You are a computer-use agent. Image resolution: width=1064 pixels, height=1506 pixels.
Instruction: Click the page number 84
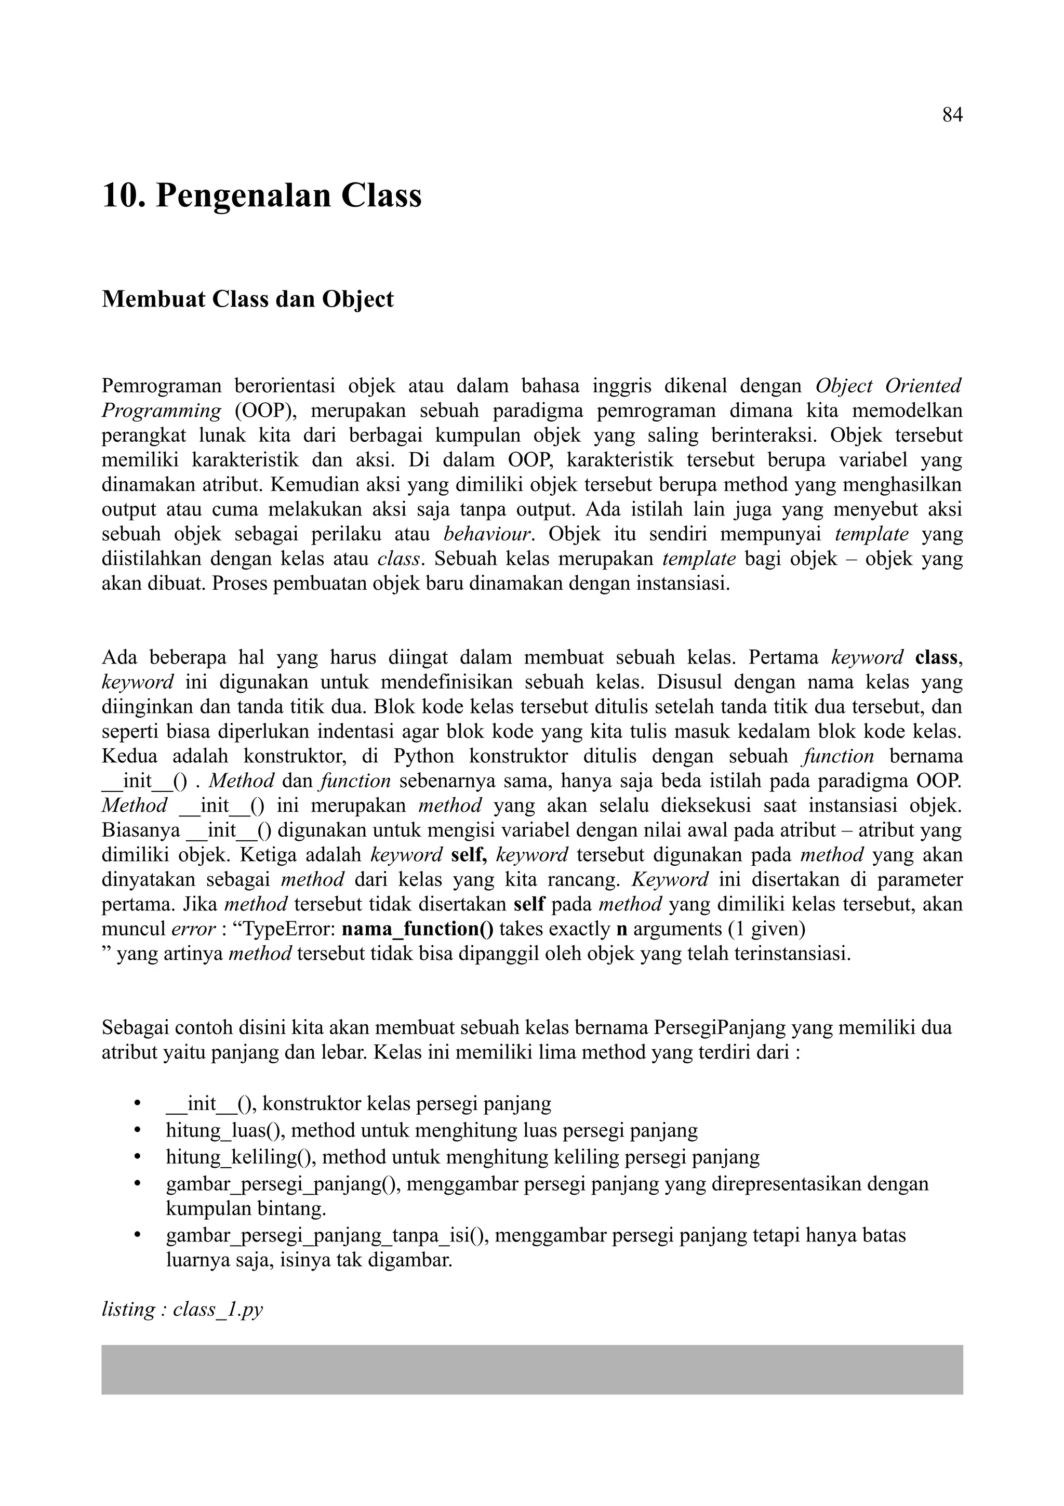click(x=952, y=115)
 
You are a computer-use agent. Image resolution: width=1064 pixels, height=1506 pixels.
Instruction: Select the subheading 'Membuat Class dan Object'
click(x=248, y=299)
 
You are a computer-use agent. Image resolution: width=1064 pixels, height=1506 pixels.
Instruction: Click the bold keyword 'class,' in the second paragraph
click(x=939, y=657)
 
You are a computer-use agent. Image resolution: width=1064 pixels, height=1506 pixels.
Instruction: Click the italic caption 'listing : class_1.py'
click(x=182, y=1309)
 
